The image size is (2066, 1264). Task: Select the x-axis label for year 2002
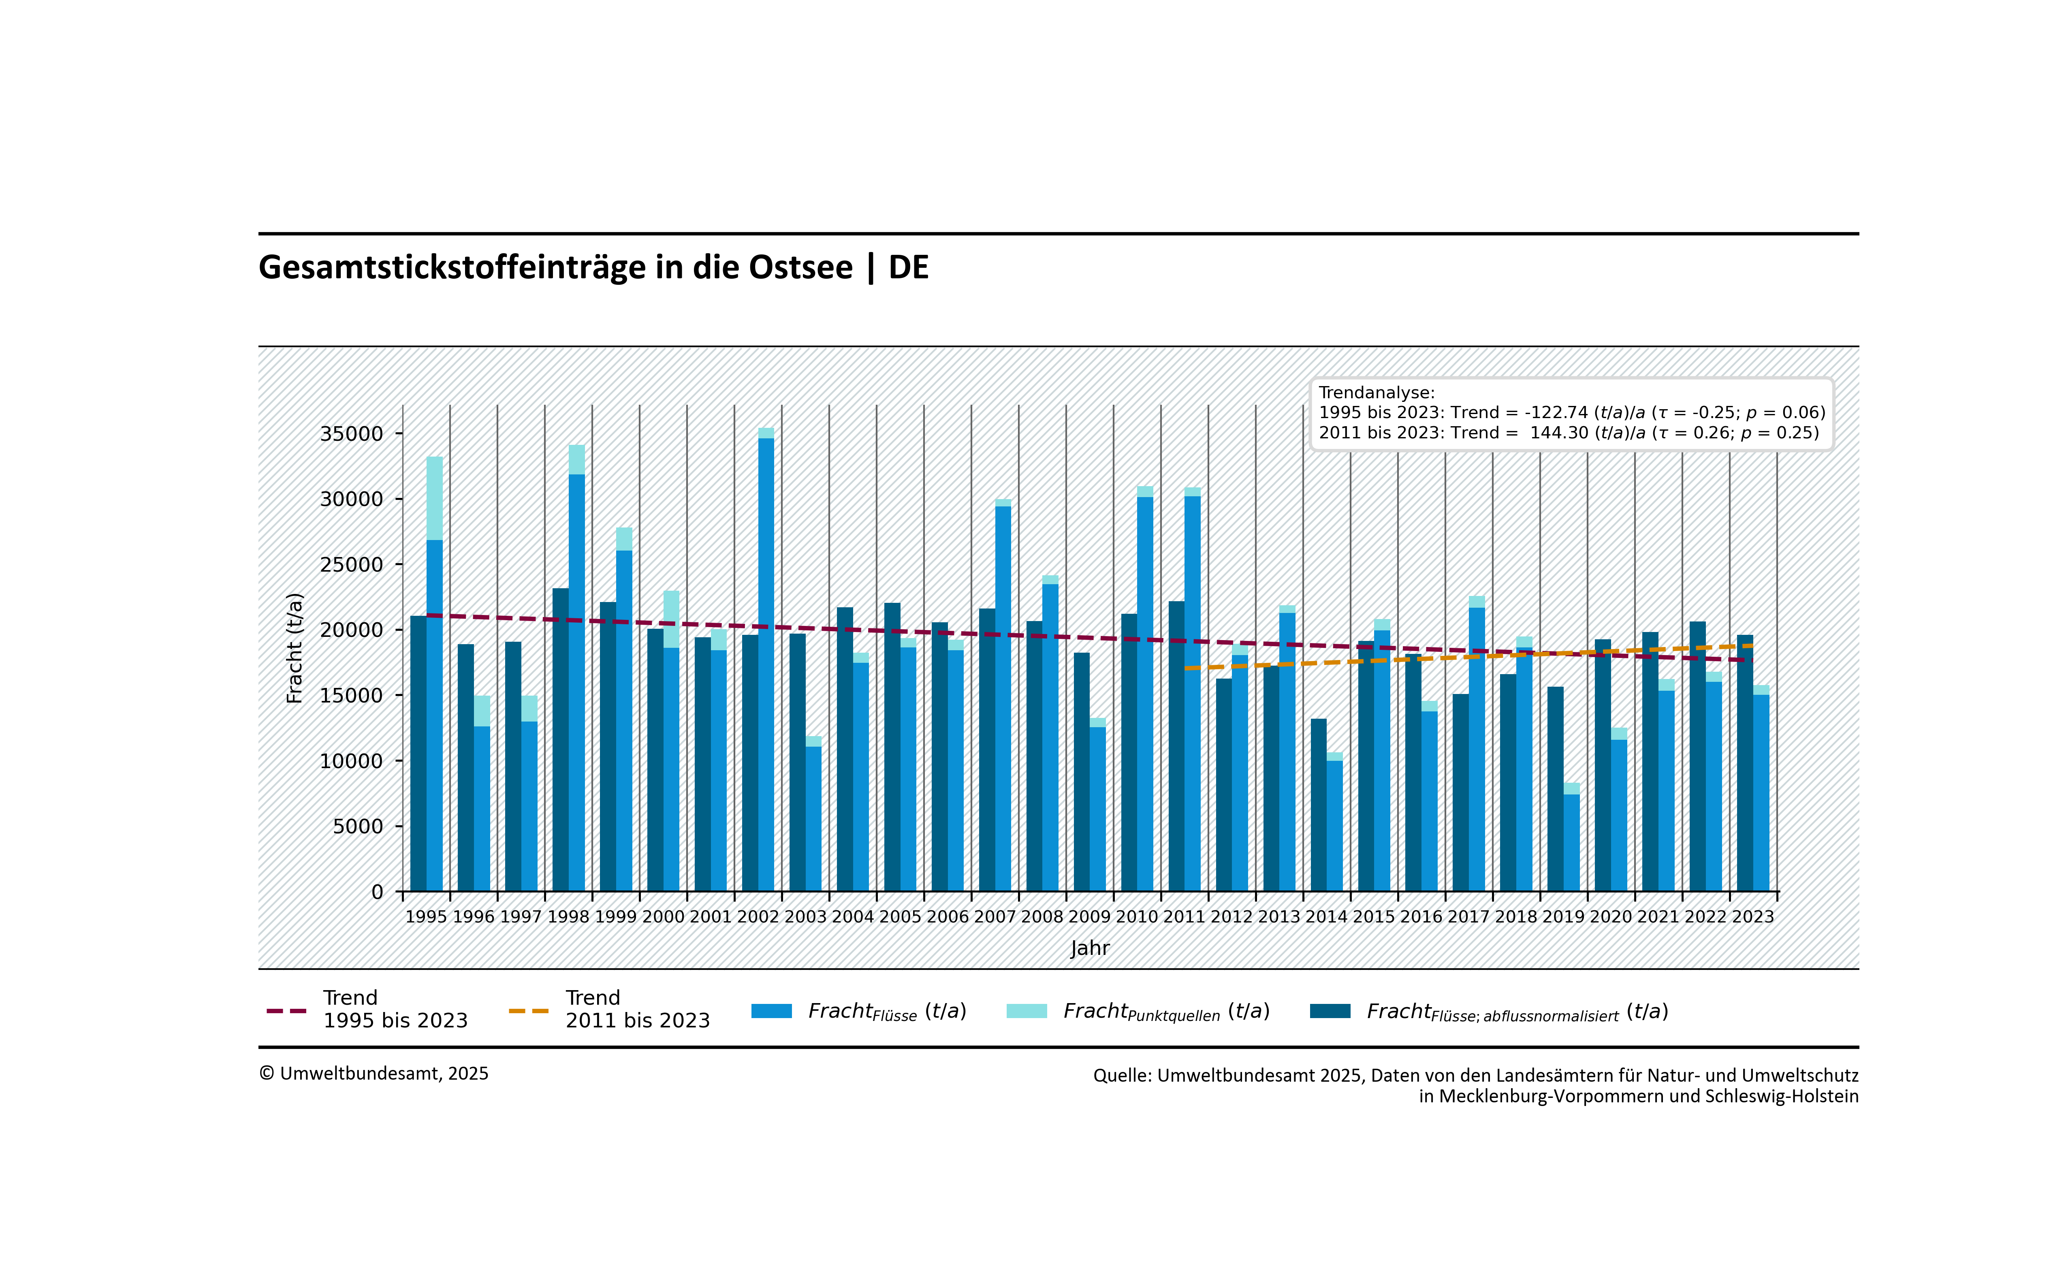pos(758,917)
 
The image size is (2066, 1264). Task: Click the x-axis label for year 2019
pos(1564,917)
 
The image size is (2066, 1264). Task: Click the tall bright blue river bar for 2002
pos(766,663)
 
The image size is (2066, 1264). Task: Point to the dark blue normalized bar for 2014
pos(1319,805)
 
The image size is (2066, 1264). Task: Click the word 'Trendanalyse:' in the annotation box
pos(1376,393)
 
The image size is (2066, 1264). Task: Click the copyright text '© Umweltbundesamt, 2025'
pos(374,1074)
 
